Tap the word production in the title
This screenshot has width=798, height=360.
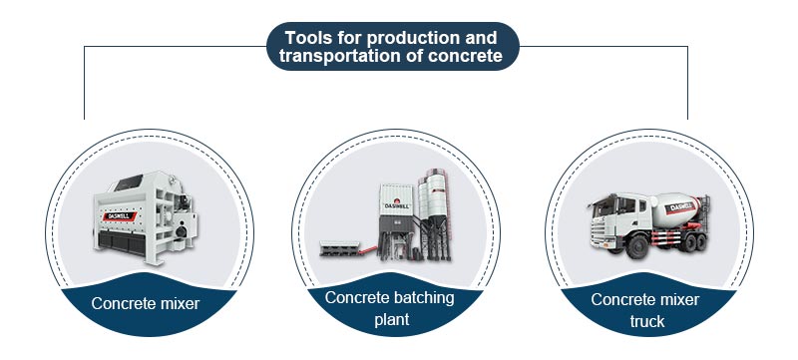click(x=420, y=38)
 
